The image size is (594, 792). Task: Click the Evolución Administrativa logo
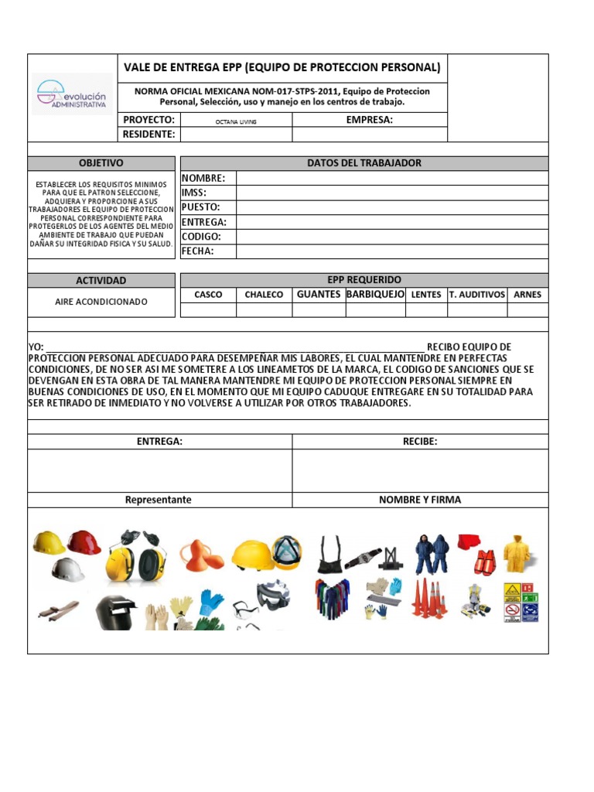coord(72,94)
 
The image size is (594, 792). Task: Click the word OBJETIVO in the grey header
coord(101,163)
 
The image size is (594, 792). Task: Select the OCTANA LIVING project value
coord(236,121)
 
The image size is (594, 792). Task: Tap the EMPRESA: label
coord(369,120)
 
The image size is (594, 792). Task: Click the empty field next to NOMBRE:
coord(391,178)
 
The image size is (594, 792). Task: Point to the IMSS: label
coord(194,193)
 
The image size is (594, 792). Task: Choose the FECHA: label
coord(197,251)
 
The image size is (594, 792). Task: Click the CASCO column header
coord(208,295)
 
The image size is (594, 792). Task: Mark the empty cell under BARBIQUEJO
coord(375,310)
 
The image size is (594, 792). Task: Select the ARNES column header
coord(527,295)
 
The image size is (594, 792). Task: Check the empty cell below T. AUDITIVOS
coord(477,310)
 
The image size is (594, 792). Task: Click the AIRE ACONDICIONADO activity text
coord(101,302)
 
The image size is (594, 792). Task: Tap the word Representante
coord(159,500)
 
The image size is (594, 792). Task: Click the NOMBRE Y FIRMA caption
coord(419,500)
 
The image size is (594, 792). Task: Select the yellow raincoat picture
coord(517,552)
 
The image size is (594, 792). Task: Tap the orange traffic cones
coord(428,598)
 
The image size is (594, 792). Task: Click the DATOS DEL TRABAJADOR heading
coord(364,163)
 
